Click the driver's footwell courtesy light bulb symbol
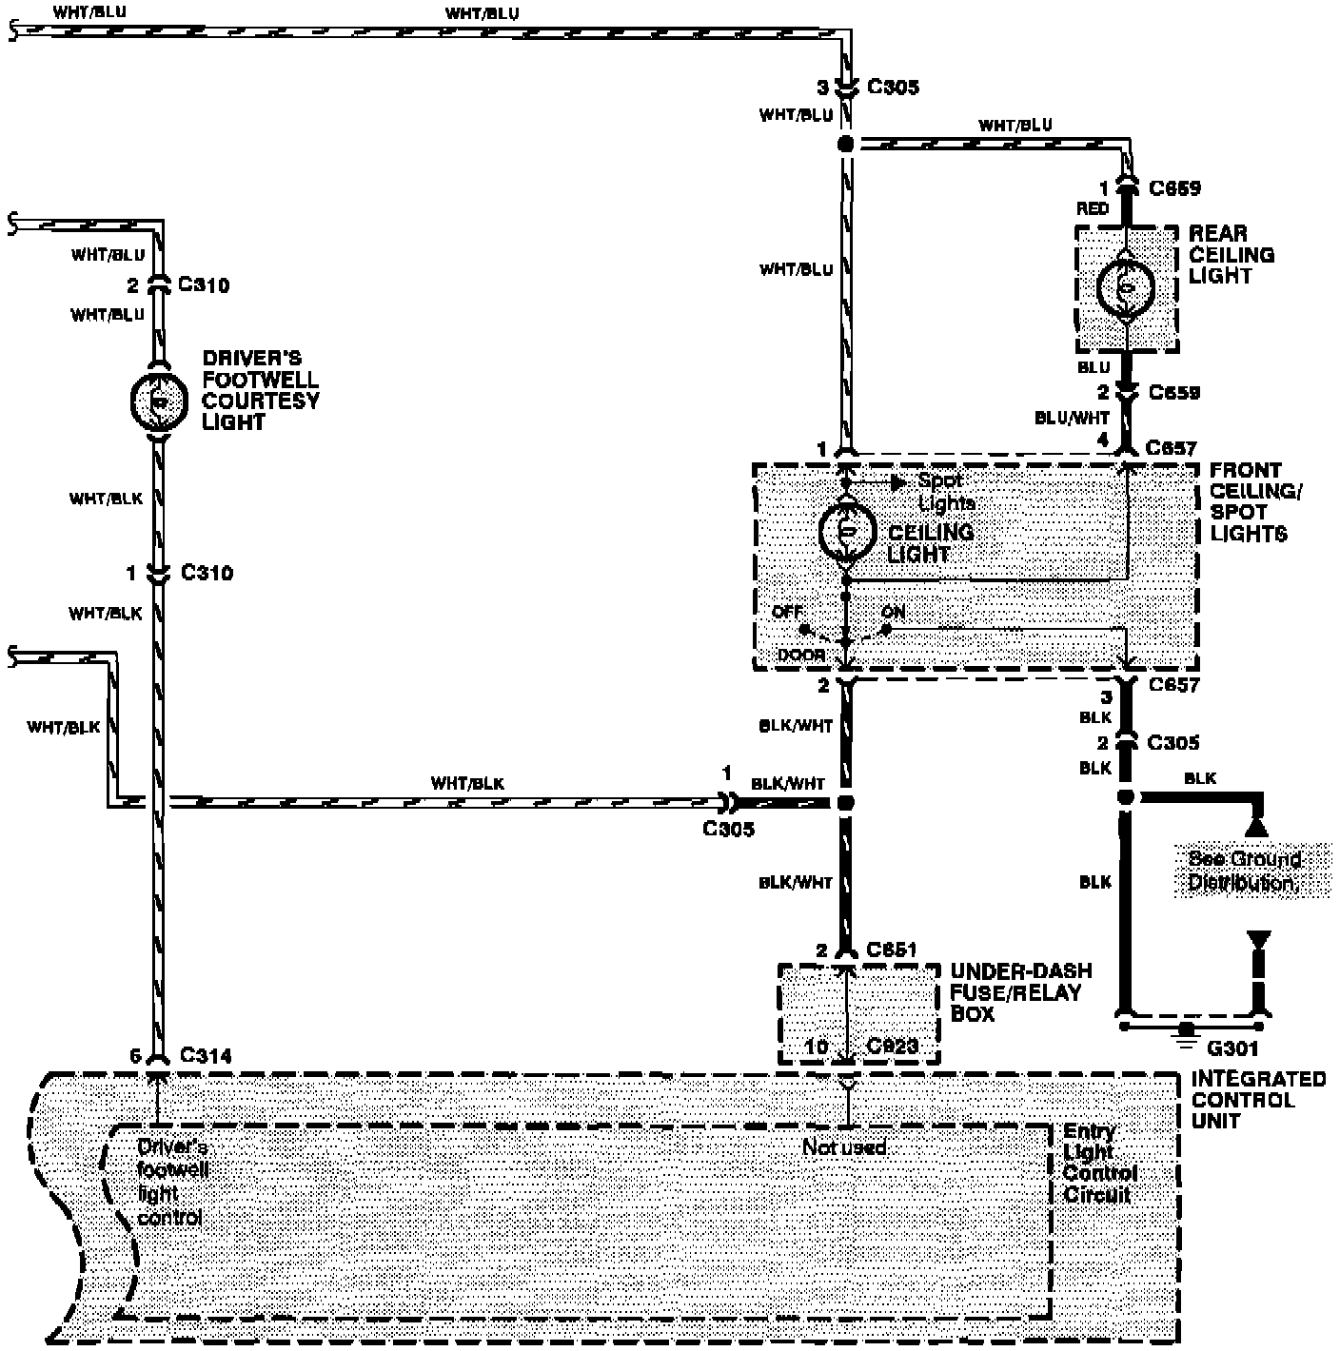pos(159,401)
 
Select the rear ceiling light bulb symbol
pos(1126,287)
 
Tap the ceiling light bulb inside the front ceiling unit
pos(847,532)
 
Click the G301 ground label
pos(1232,1048)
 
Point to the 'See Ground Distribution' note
pos(1244,871)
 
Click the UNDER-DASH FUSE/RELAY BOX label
pos(1020,992)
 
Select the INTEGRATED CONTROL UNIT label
pos(1257,1100)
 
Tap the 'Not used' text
pos(843,1147)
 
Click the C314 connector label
pos(206,1055)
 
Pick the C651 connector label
pos(892,950)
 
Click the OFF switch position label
pos(787,612)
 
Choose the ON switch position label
pos(893,612)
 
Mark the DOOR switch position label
pos(800,655)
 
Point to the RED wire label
pos(1093,208)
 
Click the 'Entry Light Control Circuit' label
pos(1099,1163)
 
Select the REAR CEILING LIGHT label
pos(1231,254)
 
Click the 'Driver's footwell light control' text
pos(171,1182)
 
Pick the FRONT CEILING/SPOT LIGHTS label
pos(1254,501)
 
